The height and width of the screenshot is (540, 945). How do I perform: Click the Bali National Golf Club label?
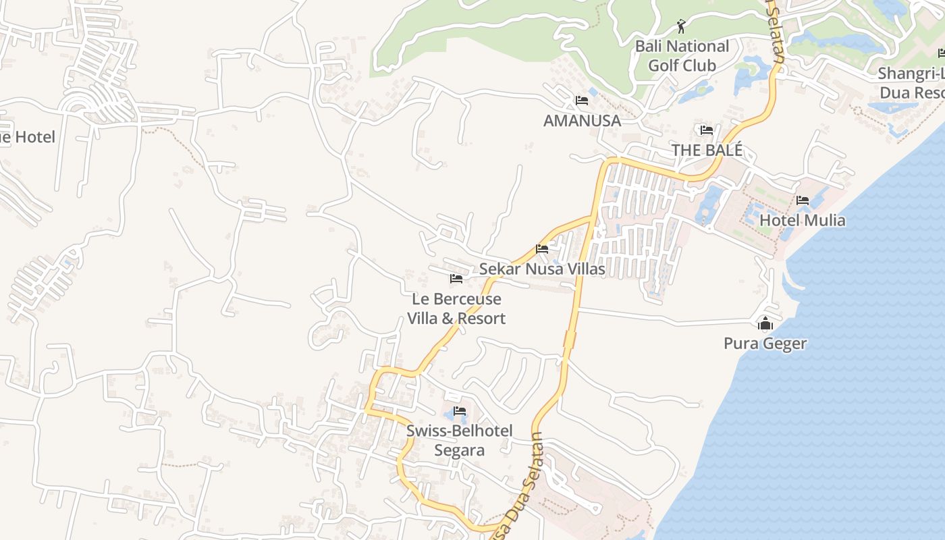tap(682, 56)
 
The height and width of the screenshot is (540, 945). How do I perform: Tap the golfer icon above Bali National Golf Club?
tap(682, 27)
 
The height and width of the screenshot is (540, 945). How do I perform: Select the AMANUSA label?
tap(582, 120)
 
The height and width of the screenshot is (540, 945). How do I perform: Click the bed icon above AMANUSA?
tap(581, 101)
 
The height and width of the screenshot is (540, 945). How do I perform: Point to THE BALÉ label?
tap(707, 150)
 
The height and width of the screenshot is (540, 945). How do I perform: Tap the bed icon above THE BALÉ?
tap(707, 130)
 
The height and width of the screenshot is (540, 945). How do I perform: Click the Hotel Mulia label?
tap(802, 220)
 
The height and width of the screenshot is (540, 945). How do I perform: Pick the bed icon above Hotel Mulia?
tap(803, 200)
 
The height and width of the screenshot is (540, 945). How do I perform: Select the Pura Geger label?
tap(765, 344)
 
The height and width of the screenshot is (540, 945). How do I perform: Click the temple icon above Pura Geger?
tap(765, 325)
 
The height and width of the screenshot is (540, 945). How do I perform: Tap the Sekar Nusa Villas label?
tap(542, 269)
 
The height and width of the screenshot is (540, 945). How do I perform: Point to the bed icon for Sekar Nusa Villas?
tap(542, 249)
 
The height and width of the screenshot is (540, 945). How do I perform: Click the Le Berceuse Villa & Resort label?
tap(456, 308)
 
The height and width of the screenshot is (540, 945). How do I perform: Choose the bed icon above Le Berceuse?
tap(456, 278)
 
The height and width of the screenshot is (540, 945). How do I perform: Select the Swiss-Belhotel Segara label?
tap(460, 440)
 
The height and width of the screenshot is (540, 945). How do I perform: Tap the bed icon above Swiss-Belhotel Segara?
tap(460, 410)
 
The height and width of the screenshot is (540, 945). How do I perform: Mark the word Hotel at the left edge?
tap(34, 137)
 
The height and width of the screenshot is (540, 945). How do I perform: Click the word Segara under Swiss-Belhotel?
tap(459, 450)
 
